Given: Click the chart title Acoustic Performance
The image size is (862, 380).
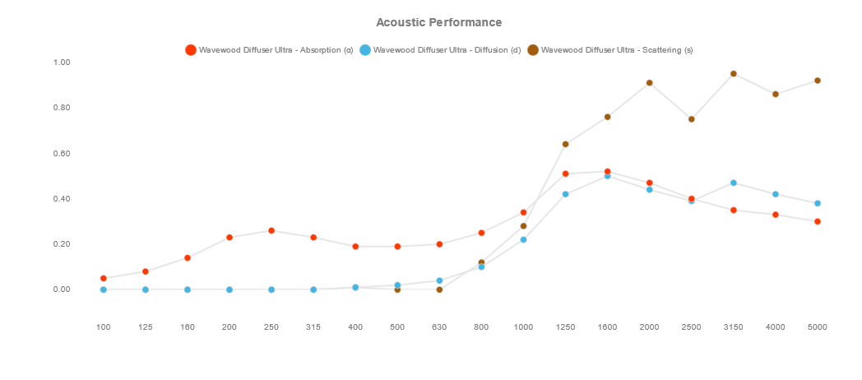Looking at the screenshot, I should click(438, 22).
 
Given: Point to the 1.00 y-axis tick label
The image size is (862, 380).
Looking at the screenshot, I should click(62, 63).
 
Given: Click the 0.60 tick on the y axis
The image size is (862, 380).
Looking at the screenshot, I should click(62, 154).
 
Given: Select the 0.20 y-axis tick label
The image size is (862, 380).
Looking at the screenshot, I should click(62, 244).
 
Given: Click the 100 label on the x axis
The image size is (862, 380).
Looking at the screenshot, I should click(104, 327).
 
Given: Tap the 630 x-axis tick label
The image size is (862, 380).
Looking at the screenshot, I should click(439, 327).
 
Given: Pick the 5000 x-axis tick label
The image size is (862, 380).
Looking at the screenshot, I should click(818, 327).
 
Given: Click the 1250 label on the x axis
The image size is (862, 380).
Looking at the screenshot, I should click(565, 327).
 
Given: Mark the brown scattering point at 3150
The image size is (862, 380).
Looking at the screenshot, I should click(733, 74).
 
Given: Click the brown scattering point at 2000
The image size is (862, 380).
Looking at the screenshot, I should click(649, 83).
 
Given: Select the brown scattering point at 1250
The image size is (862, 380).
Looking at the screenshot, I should click(565, 145).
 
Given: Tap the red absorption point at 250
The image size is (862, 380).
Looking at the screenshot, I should click(271, 231).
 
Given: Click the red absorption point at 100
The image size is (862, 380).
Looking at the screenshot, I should click(104, 278).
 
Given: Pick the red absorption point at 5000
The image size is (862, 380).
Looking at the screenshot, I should click(818, 221).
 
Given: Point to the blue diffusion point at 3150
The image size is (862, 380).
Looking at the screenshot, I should click(733, 183).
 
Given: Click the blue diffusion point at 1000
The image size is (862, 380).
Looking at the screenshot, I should click(523, 239).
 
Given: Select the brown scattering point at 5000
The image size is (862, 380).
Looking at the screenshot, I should click(818, 81).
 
